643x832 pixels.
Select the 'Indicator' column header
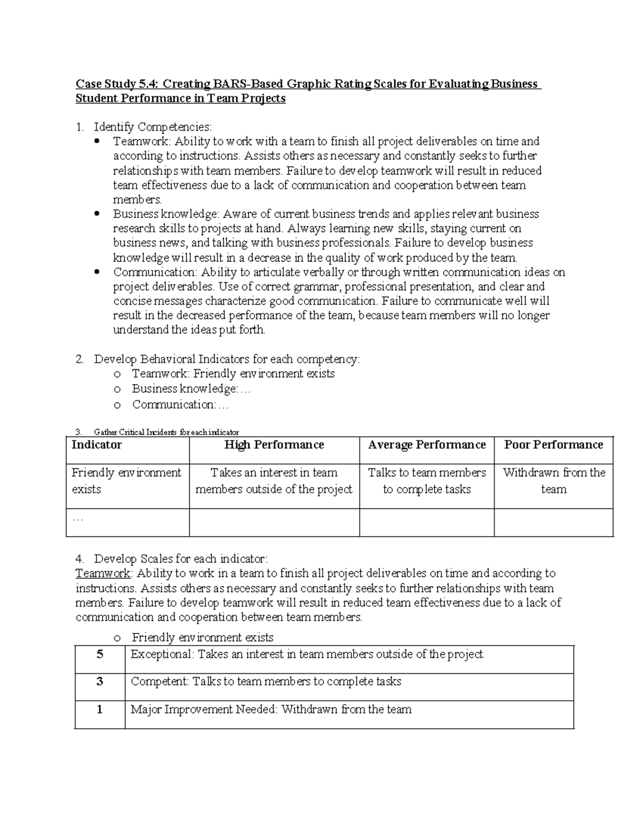click(x=97, y=445)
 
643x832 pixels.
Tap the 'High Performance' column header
click(x=274, y=445)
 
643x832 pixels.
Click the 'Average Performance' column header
click(x=427, y=445)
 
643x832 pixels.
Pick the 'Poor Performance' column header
click(x=554, y=445)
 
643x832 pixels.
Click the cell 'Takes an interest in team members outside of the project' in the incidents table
click(x=274, y=481)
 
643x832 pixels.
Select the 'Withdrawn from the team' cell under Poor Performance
click(x=554, y=481)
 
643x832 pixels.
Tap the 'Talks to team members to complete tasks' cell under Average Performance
click(x=427, y=481)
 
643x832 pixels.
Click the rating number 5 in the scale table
click(x=100, y=654)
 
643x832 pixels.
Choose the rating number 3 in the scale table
click(x=100, y=681)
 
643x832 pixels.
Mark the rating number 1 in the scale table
click(x=100, y=709)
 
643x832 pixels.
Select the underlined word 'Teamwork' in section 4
click(x=103, y=573)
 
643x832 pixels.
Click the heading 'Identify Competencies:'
click(x=153, y=127)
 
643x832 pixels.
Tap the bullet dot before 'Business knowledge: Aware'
click(x=97, y=214)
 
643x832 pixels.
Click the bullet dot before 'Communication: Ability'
click(x=97, y=272)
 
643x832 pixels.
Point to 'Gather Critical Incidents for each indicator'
click(x=166, y=432)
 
